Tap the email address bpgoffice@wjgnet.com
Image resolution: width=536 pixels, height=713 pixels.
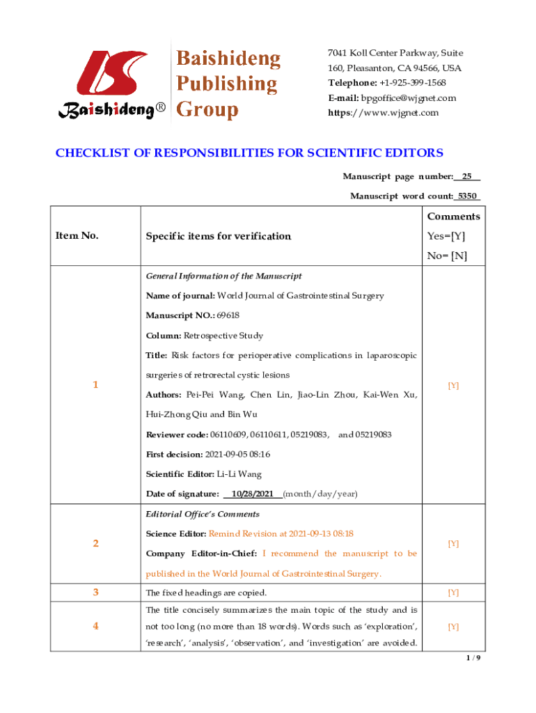tap(408, 98)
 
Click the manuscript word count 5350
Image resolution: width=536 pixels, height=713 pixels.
tap(467, 196)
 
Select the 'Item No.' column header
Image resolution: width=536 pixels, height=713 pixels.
tap(77, 235)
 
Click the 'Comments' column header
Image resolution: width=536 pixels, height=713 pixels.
tap(453, 216)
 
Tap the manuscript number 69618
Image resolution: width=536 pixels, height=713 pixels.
tap(228, 315)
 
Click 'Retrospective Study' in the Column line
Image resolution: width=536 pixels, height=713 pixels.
tap(223, 336)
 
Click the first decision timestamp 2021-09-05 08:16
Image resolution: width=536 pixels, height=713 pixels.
tap(238, 454)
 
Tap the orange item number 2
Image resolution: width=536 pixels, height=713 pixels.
tap(96, 543)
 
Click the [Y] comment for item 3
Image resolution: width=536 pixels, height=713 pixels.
tap(453, 593)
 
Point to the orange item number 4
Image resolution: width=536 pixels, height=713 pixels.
tap(96, 626)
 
